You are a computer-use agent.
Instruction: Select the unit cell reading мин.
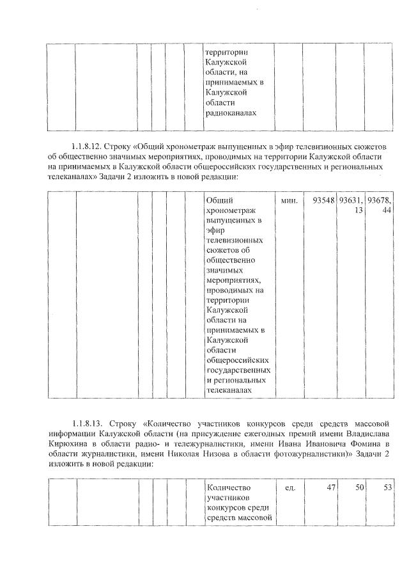pos(289,201)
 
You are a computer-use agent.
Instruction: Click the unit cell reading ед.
pos(289,487)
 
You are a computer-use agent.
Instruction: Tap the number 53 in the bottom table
pos(387,487)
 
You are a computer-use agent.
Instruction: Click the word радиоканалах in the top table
pos(230,113)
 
